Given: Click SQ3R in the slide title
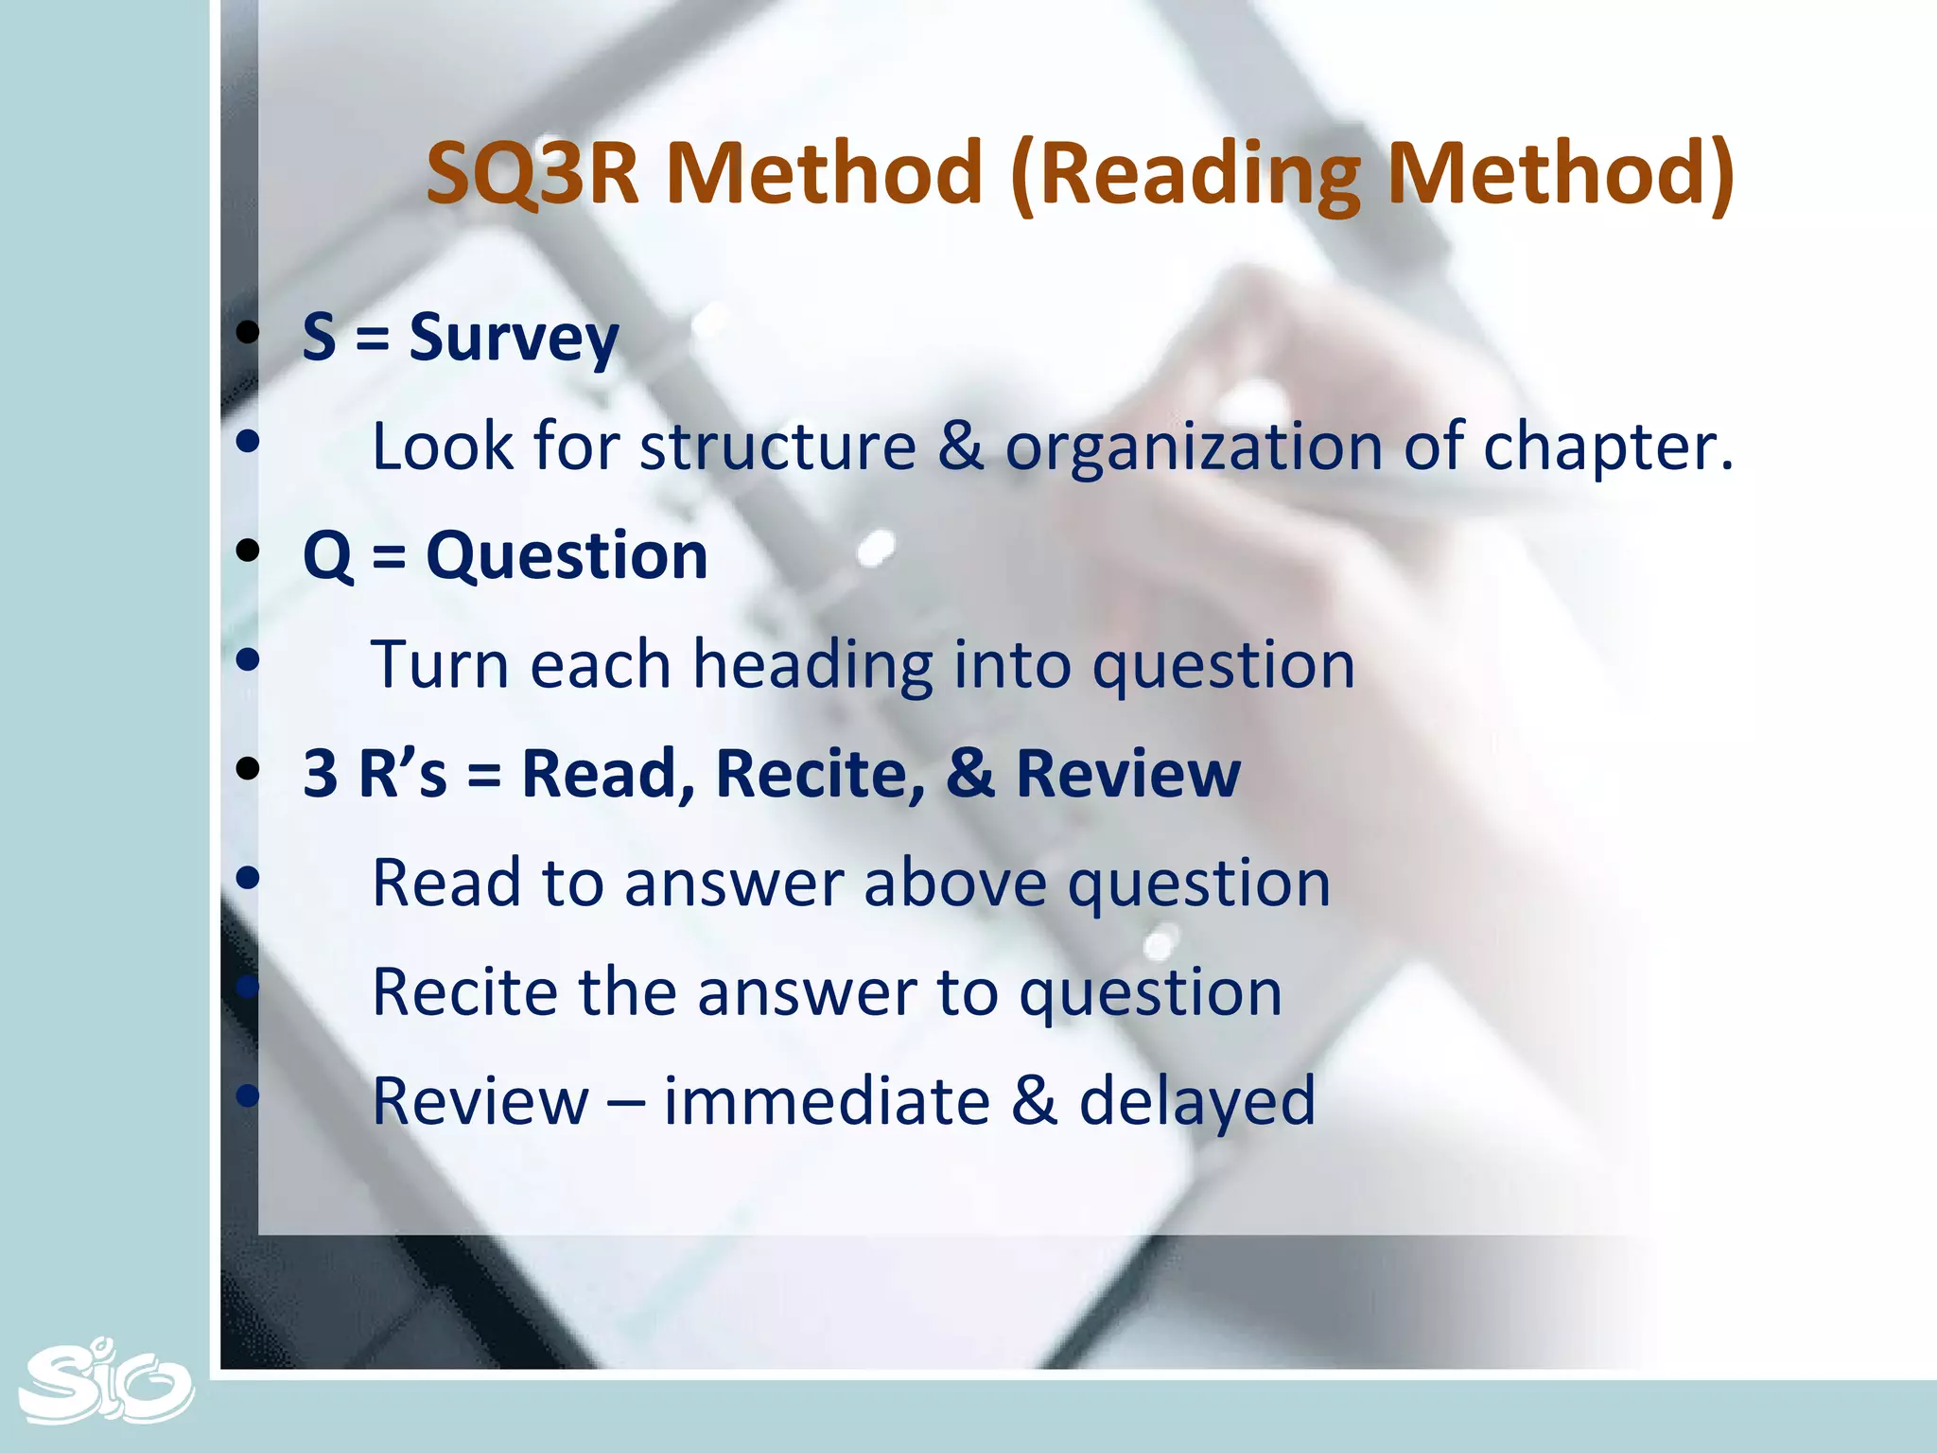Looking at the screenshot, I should tap(533, 173).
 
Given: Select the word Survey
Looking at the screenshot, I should tap(514, 339).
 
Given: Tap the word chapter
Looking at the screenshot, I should tap(1607, 447).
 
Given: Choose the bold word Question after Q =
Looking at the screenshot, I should tap(567, 555).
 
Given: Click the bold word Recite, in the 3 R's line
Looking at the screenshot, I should tap(821, 775).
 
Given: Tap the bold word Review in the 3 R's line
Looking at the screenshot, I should tap(1127, 774).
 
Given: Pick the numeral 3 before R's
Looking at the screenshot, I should tap(320, 774).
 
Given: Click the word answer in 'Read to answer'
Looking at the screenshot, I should tap(733, 884).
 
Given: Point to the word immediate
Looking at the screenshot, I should tap(827, 1101).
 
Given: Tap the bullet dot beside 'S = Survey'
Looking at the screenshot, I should tap(248, 333).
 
